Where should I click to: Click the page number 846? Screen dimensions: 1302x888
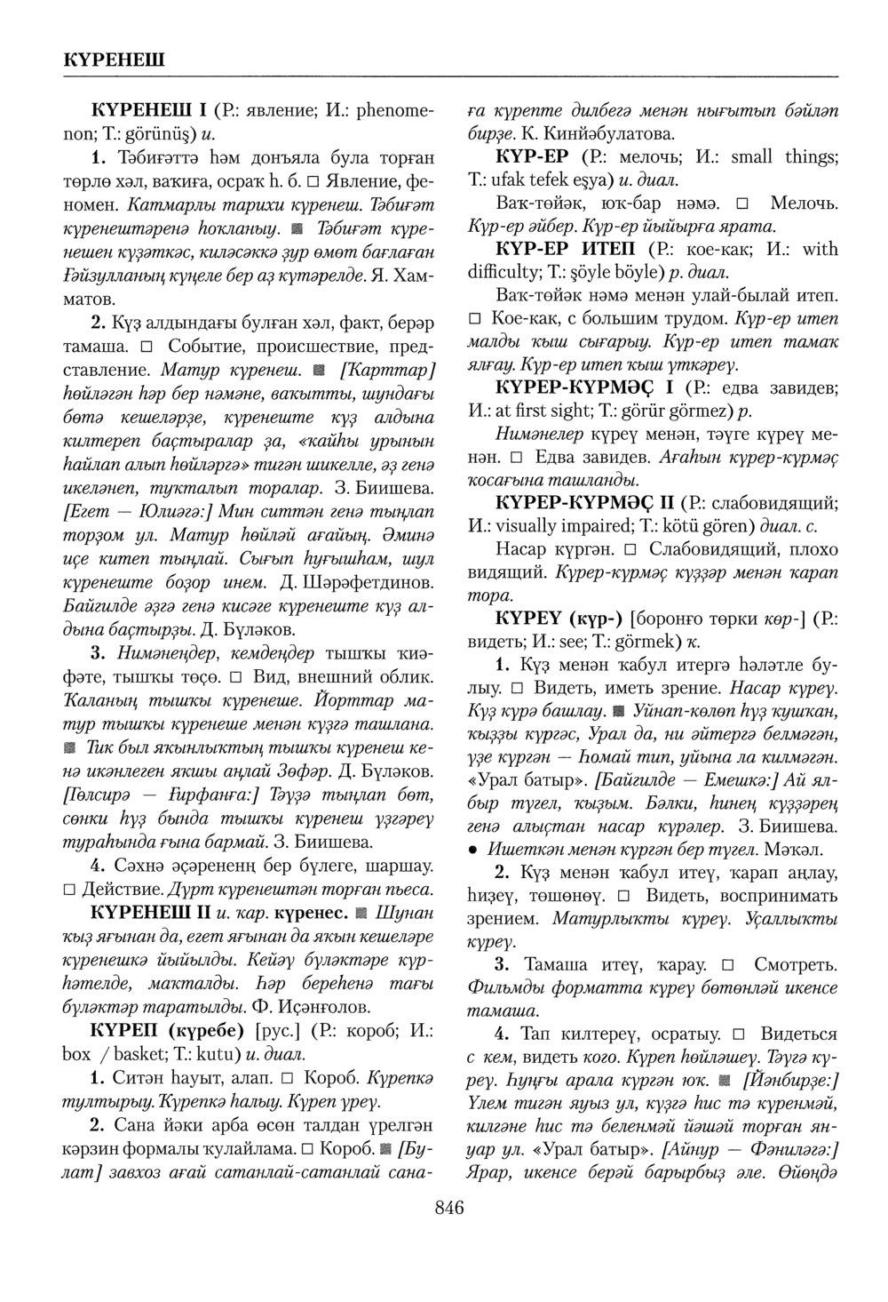[x=449, y=1207]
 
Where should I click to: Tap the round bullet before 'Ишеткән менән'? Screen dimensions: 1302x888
[x=474, y=849]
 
